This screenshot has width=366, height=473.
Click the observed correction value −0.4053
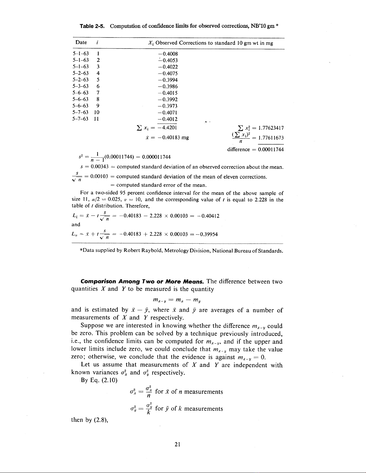167,60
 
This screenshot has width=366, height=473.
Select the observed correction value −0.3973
167,106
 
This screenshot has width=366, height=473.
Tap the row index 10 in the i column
96,113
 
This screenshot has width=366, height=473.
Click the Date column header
81,43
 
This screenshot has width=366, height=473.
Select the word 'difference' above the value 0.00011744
238,149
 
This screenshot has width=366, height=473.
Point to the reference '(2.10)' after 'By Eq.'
111,381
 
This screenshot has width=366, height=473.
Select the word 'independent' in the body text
252,365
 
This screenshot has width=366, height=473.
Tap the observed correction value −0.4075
167,73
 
